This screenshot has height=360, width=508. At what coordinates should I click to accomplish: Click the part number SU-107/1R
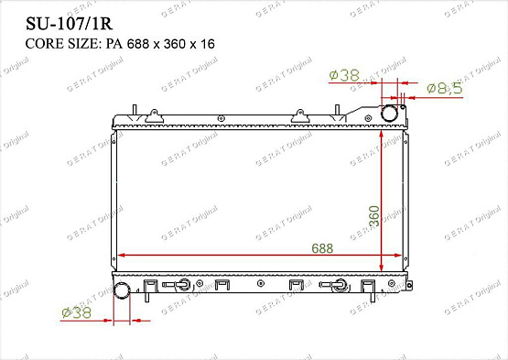[69, 24]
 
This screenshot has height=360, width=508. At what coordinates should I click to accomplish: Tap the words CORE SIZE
[61, 44]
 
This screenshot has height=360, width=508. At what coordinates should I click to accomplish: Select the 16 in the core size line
[208, 44]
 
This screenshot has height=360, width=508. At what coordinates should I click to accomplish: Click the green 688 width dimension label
[322, 248]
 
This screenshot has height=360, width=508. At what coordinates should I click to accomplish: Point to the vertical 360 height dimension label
[374, 216]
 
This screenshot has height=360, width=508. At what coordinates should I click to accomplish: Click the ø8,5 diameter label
[445, 88]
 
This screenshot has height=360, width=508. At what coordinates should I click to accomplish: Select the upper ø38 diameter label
[344, 75]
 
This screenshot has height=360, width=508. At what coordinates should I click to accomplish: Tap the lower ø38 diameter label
[77, 312]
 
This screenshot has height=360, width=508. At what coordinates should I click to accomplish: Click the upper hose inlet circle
[389, 113]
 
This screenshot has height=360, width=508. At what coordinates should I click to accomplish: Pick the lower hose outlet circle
[122, 290]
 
